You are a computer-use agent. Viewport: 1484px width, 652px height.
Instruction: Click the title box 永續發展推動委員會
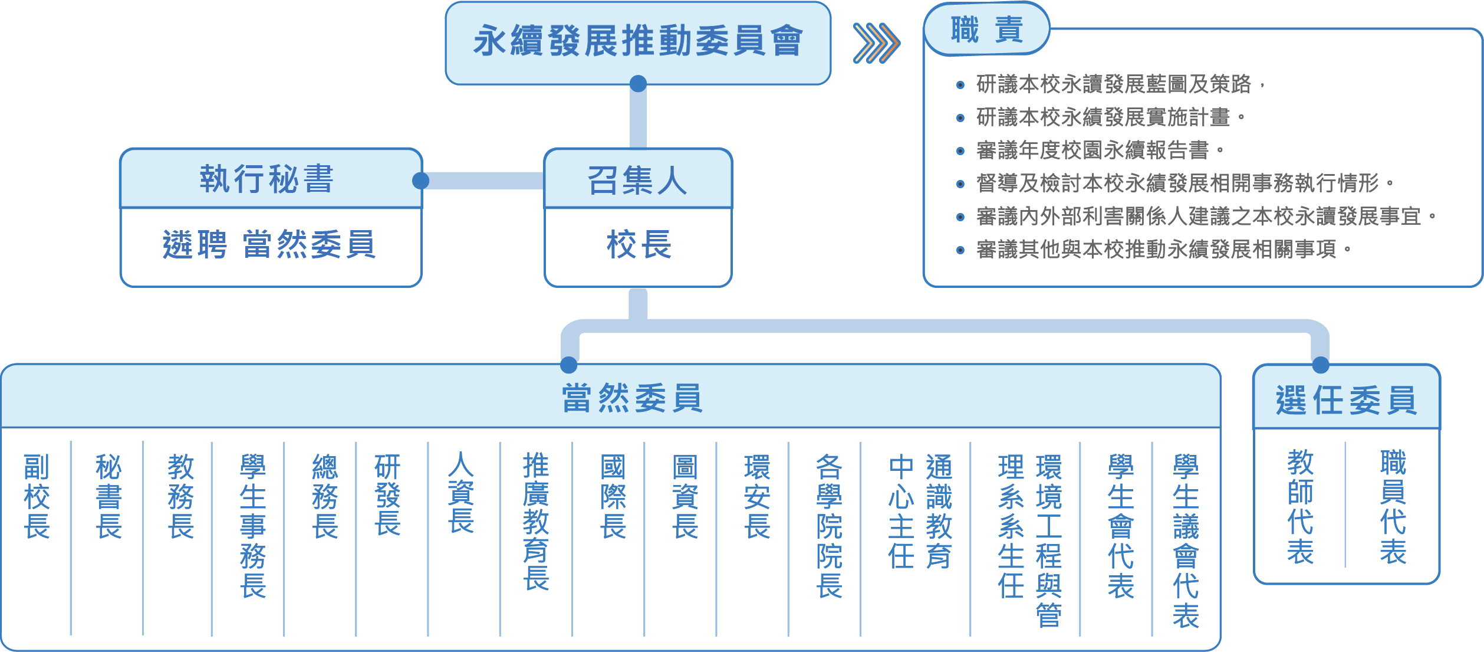point(637,42)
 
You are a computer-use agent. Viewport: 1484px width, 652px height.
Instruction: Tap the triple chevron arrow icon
point(876,43)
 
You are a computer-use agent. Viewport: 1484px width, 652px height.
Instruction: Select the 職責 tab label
point(986,30)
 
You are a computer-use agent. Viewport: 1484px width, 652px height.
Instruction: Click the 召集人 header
point(637,179)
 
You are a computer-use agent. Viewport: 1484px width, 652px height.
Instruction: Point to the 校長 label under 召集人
point(639,245)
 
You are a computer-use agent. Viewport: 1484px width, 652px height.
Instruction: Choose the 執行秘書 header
point(267,179)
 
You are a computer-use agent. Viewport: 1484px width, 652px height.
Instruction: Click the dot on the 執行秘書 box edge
point(420,181)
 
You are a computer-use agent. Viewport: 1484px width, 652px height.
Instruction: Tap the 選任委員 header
point(1346,399)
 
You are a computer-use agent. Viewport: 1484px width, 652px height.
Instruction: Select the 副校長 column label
point(37,496)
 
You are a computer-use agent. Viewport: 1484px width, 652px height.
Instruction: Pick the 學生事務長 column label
point(253,526)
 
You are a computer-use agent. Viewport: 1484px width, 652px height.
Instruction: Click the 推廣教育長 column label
point(536,521)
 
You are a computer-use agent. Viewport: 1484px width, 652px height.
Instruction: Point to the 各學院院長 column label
point(829,526)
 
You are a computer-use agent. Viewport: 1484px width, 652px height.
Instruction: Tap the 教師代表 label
point(1300,507)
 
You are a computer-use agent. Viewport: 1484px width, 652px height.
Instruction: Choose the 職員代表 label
point(1393,507)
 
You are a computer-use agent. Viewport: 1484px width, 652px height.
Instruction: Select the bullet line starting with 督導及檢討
point(1177,184)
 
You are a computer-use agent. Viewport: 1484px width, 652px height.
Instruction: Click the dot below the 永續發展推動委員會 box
point(638,84)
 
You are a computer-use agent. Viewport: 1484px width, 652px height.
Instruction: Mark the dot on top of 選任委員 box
point(1321,365)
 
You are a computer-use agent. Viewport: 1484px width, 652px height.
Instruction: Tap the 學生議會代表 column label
point(1185,540)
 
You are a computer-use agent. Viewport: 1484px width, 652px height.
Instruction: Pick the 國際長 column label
point(613,496)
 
